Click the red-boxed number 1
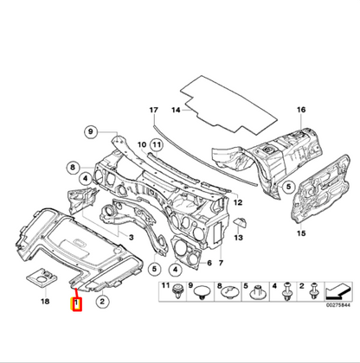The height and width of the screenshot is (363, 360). click(77, 304)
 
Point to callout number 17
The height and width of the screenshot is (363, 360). click(153, 111)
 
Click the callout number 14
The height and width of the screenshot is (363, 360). click(176, 111)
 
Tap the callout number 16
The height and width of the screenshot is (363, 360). click(302, 111)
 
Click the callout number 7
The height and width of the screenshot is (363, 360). click(221, 264)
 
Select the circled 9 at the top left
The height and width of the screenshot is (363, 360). click(89, 131)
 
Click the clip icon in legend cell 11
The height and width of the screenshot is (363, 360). click(177, 294)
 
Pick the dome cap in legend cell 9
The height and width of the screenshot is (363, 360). click(203, 295)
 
